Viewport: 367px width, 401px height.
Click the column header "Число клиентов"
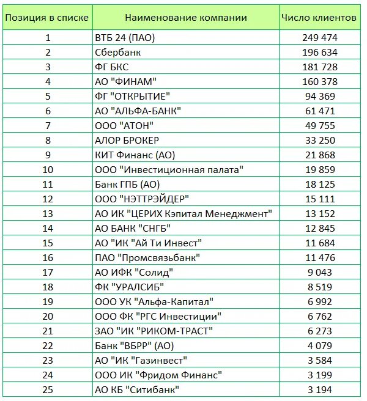pyautogui.click(x=319, y=18)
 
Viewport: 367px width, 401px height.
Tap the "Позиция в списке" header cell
pyautogui.click(x=47, y=18)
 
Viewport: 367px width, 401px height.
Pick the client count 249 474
pyautogui.click(x=319, y=37)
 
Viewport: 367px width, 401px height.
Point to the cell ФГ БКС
pyautogui.click(x=112, y=67)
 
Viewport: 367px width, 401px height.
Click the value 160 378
pyautogui.click(x=319, y=81)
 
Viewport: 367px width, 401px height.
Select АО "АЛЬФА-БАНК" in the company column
pyautogui.click(x=138, y=111)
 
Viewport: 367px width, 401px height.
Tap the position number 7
pyautogui.click(x=48, y=125)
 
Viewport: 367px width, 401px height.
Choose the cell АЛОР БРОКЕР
pyautogui.click(x=127, y=140)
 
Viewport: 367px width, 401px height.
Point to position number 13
pyautogui.click(x=48, y=213)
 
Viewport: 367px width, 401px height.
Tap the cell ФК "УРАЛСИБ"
pyautogui.click(x=129, y=287)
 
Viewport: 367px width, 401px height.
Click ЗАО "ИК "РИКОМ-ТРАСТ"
pyautogui.click(x=154, y=331)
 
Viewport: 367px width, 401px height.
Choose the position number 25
pyautogui.click(x=48, y=389)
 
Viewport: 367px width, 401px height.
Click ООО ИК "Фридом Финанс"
pyautogui.click(x=158, y=375)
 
